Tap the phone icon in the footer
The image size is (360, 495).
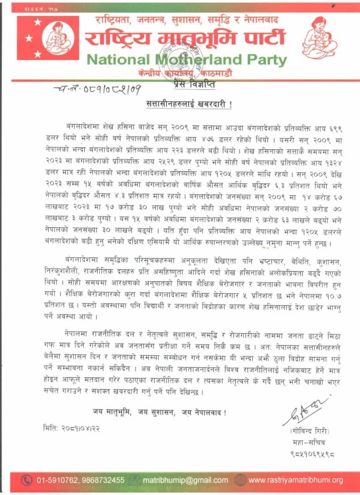27,480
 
